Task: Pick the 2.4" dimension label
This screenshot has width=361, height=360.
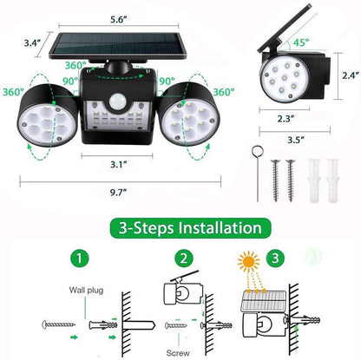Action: point(346,75)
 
